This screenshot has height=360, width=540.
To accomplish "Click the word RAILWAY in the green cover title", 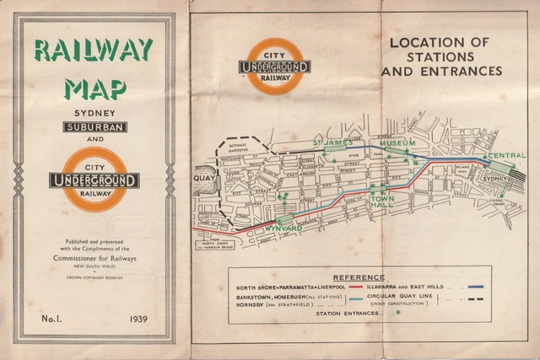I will (94, 51).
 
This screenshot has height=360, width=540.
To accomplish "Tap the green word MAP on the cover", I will (94, 87).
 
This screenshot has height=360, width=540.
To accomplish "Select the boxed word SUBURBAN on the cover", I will (94, 126).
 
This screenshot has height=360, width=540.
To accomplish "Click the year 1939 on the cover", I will (139, 320).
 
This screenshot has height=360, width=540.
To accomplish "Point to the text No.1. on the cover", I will (51, 320).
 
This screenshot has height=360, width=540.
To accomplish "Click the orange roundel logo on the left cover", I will (94, 180).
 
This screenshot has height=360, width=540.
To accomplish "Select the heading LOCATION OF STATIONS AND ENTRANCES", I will (440, 56).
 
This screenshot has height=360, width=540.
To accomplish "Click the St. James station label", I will (330, 144).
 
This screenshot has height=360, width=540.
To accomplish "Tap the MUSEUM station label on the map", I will (396, 144).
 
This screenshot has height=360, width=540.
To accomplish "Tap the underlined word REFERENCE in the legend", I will (358, 277).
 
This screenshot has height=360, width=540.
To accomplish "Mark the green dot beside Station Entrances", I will (397, 313).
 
